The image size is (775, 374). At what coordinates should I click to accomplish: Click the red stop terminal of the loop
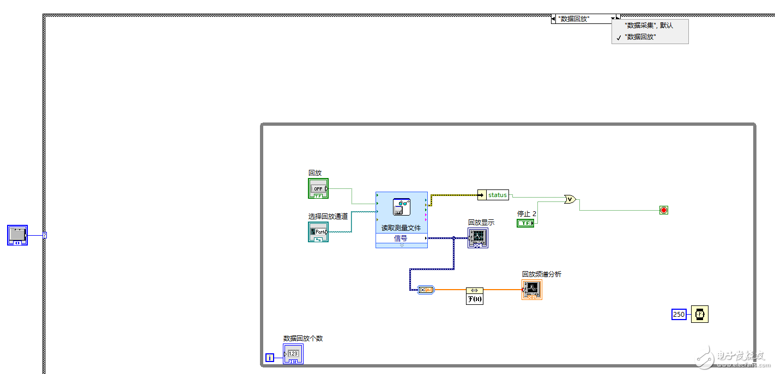coord(663,210)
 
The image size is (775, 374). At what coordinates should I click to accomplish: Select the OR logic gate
coord(570,199)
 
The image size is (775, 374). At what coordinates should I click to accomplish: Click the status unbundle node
coord(493,195)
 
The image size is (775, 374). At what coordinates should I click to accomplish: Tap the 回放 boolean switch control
coord(318,188)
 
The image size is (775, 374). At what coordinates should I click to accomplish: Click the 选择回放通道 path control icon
coord(318,232)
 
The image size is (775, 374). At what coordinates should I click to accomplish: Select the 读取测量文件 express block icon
coord(402,207)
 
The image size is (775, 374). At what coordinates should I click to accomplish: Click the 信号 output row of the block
coord(401,238)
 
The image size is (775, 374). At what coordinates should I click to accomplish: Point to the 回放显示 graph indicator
coord(477,238)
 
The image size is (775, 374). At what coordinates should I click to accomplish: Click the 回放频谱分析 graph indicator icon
coord(532,290)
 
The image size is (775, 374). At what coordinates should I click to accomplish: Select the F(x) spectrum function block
coord(475,296)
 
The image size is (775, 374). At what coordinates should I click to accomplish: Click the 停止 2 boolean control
coord(525,223)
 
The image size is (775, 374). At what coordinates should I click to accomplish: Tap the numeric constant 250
coord(679,314)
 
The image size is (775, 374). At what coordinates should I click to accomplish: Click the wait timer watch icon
coord(700,314)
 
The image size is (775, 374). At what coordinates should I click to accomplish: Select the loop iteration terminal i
coord(270,358)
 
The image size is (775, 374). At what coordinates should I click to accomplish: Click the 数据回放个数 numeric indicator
coord(293,354)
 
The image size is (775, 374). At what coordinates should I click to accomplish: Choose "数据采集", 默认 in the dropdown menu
coord(649,26)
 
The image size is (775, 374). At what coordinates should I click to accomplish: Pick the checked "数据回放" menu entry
coord(640,37)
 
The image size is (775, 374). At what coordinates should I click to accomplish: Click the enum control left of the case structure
coord(17,235)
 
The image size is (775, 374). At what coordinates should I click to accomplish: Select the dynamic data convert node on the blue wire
coord(425,290)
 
